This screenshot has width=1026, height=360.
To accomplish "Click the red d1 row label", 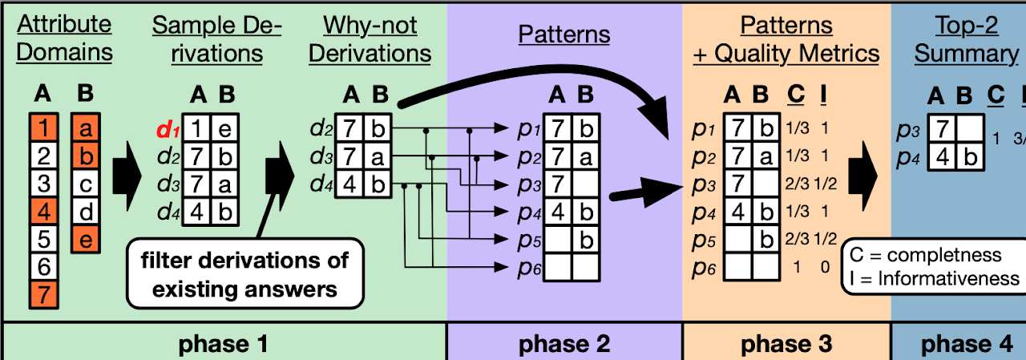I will [x=167, y=128].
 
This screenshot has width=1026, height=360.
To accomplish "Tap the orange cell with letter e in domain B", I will [x=87, y=238].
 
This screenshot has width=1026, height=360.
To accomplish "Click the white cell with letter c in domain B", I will [x=87, y=184].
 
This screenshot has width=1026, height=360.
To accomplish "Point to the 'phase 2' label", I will [x=564, y=344].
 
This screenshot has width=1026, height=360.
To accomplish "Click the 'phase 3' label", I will [x=786, y=344].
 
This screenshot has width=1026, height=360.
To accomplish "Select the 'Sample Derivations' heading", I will [x=217, y=39].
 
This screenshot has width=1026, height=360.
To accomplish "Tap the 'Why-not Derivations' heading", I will [x=370, y=39].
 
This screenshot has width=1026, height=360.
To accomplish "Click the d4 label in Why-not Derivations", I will [x=321, y=185].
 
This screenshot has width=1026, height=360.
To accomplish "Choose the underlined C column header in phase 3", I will [x=796, y=95].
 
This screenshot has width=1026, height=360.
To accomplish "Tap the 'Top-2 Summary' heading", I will [x=966, y=39].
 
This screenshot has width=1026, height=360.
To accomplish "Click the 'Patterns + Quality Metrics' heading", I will [x=786, y=39].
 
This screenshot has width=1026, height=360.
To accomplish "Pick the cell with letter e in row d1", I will [x=227, y=128].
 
